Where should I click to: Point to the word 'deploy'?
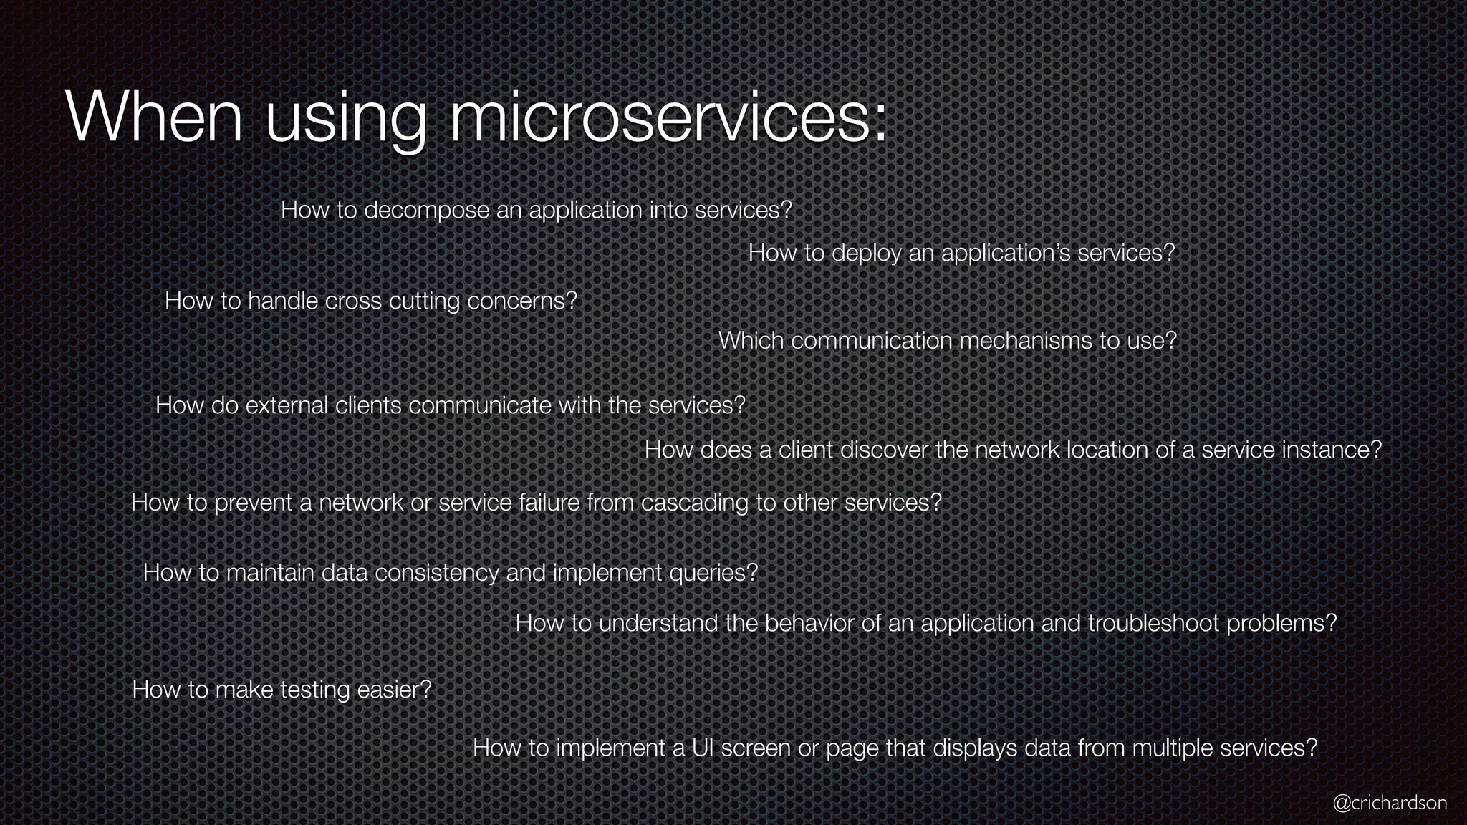point(866,253)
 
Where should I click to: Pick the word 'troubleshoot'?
point(1153,623)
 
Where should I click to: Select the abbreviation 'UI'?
point(703,748)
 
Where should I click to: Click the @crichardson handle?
point(1390,803)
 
